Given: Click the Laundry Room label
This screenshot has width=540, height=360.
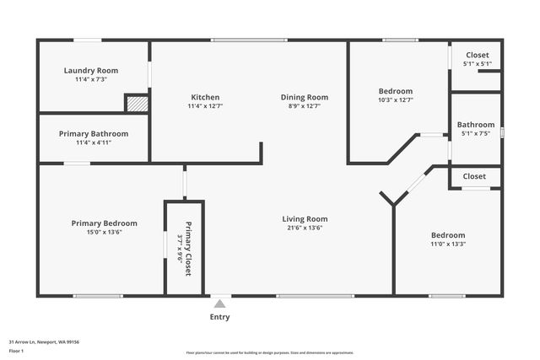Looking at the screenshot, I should [91, 71].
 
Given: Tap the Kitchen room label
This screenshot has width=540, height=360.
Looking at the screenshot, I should [205, 97].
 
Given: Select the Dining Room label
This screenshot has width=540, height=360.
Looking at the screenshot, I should [304, 97].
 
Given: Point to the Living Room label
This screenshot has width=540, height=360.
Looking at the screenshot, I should [305, 219].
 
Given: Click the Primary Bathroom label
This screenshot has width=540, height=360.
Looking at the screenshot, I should [94, 133].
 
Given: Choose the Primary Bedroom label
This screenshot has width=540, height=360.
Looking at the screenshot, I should [104, 223].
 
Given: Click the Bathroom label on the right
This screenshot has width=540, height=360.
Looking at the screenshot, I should [476, 125].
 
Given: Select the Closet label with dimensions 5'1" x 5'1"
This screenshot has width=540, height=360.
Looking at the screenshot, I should [477, 56].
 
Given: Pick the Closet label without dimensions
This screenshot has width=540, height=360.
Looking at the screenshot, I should [474, 176].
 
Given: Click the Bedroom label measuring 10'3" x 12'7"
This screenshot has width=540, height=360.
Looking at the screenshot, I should [395, 91].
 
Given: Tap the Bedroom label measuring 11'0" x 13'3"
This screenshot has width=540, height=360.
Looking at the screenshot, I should [448, 235].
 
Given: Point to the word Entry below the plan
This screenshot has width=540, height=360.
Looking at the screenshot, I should [219, 317].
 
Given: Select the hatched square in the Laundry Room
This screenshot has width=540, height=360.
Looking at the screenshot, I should [137, 103].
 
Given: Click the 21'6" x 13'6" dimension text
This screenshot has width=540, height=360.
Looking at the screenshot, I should [305, 228].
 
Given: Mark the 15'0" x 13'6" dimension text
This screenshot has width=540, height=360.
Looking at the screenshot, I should [104, 232].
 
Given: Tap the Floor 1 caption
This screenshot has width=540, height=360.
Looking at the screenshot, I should [17, 350].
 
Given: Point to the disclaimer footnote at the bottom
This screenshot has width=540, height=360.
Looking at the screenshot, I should [270, 352].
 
